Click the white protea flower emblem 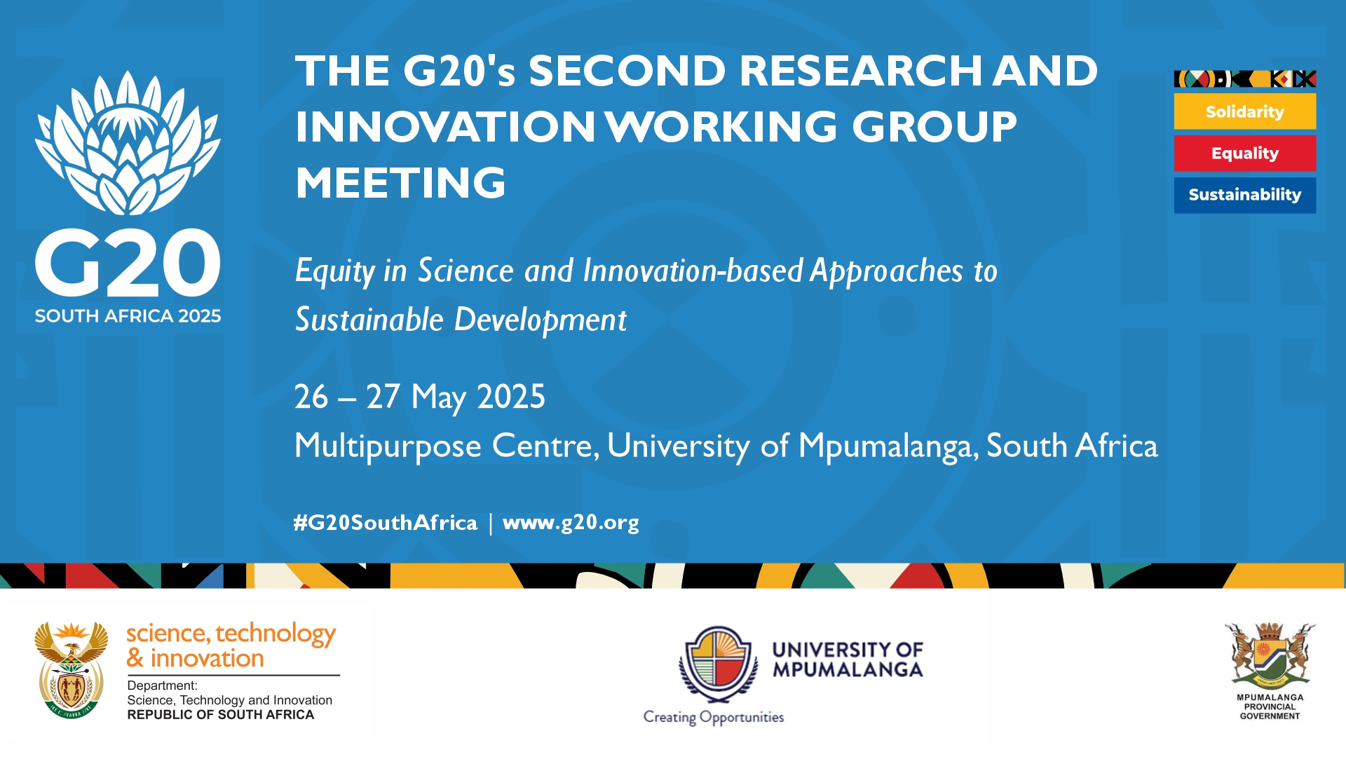click(x=128, y=143)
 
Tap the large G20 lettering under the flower click(x=128, y=264)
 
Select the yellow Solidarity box click(x=1245, y=111)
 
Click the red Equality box click(x=1245, y=153)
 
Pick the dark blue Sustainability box click(x=1245, y=195)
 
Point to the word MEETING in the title click(x=400, y=183)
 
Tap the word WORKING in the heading click(x=722, y=127)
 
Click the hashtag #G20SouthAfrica click(x=385, y=523)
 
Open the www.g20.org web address click(x=571, y=523)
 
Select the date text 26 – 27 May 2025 click(x=419, y=397)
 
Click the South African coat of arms click(x=72, y=670)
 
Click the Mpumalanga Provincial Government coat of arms click(x=1270, y=655)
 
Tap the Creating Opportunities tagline click(x=714, y=718)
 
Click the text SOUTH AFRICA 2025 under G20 click(x=128, y=316)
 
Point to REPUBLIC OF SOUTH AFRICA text click(x=221, y=715)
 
